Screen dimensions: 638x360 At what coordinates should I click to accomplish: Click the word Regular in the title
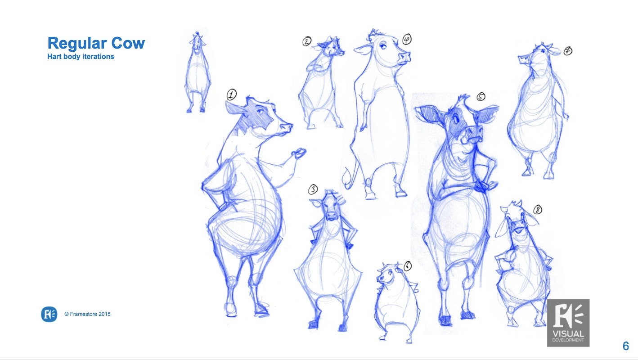(x=77, y=44)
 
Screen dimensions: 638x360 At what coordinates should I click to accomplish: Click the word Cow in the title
(x=128, y=43)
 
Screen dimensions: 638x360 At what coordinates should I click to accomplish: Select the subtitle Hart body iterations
(x=81, y=57)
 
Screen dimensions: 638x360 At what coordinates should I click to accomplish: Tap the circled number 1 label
(x=232, y=94)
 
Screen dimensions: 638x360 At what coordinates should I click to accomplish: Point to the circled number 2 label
(x=307, y=41)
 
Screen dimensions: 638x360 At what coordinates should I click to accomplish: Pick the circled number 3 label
(x=313, y=189)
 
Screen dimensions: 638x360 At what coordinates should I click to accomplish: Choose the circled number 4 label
(x=407, y=39)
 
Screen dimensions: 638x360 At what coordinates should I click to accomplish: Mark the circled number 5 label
(x=481, y=97)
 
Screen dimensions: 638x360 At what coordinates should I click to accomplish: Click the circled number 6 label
(x=408, y=266)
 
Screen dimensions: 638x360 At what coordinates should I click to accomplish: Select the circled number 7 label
(x=568, y=51)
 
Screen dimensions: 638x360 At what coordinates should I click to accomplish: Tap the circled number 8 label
(x=538, y=210)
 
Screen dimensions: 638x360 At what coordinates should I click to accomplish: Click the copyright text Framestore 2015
(x=87, y=314)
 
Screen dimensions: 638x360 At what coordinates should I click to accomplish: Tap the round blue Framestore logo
(x=49, y=314)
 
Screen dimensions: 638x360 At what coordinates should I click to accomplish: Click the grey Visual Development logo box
(x=568, y=323)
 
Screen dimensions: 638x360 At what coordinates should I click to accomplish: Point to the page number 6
(x=626, y=346)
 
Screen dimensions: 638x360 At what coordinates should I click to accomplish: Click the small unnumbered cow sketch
(x=198, y=72)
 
